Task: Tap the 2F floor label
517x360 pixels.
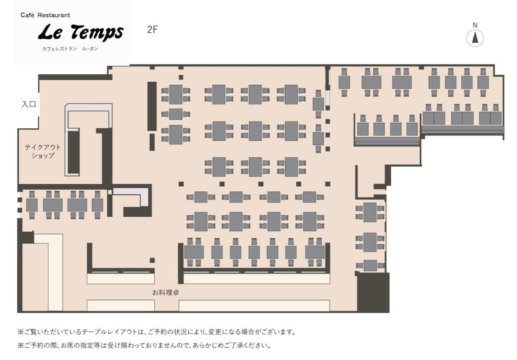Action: tap(152, 29)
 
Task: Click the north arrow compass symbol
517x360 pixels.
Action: tap(475, 38)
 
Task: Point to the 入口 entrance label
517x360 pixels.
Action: tap(29, 104)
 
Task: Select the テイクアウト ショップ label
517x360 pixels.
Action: tap(43, 151)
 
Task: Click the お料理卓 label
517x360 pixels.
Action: tap(166, 293)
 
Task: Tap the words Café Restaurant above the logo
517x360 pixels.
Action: tap(45, 15)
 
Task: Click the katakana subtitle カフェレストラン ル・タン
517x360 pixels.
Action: tap(70, 49)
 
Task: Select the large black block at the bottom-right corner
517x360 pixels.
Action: tap(373, 293)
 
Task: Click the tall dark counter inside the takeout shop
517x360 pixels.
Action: tap(74, 152)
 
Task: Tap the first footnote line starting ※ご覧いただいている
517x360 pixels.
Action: tap(157, 332)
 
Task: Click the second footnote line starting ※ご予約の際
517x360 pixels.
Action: tap(144, 345)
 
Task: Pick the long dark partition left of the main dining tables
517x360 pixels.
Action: tap(152, 106)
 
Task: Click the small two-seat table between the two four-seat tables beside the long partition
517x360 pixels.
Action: tap(176, 114)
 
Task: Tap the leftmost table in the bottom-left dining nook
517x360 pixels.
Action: tap(32, 205)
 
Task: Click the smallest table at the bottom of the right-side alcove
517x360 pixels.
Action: tap(370, 266)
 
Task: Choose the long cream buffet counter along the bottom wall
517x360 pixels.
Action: tap(254, 306)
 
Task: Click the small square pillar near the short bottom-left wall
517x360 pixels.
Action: tap(152, 260)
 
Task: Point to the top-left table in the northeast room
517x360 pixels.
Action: tap(344, 82)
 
